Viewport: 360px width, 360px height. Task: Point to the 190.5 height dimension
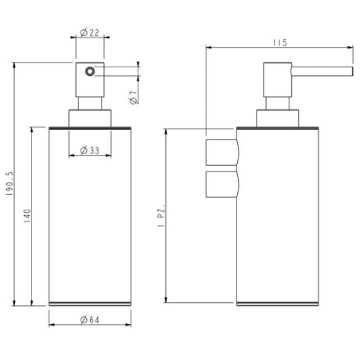[x=9, y=186]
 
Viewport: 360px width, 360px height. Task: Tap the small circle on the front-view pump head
[x=92, y=71]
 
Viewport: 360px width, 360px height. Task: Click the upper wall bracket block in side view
[x=221, y=151]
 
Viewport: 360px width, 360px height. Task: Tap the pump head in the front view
[x=90, y=79]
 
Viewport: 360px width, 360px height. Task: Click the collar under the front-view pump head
[x=89, y=118]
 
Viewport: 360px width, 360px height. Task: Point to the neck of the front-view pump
[x=89, y=103]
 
